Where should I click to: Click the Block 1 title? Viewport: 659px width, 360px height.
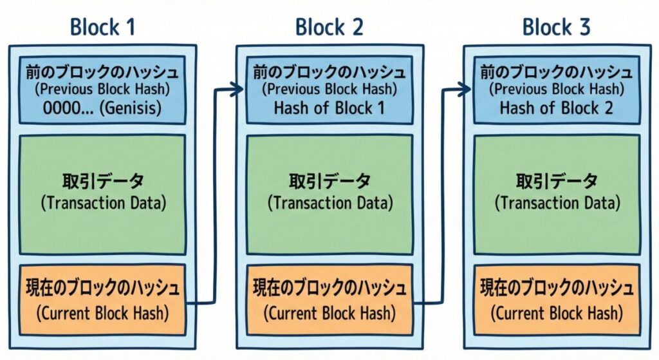click(x=102, y=27)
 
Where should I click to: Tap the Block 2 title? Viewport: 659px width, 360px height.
click(x=329, y=27)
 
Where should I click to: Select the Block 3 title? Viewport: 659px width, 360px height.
click(x=556, y=27)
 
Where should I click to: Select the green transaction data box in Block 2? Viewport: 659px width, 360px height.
click(x=329, y=193)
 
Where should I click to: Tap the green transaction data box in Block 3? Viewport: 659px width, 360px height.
click(x=557, y=193)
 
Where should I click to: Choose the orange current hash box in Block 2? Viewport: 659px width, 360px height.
click(x=329, y=299)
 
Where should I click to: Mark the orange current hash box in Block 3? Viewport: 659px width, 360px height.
click(x=557, y=299)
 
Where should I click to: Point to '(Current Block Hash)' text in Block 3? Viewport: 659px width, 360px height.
click(x=557, y=314)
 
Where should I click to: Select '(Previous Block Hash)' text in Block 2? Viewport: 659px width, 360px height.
click(x=329, y=90)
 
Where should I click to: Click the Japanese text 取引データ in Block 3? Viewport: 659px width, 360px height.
click(x=557, y=180)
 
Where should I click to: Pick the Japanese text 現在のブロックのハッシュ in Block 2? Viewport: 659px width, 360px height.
click(x=329, y=287)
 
